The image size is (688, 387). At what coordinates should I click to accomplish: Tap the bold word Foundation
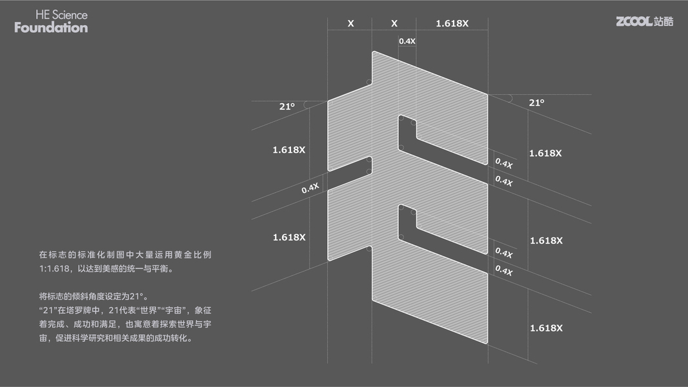[51, 28]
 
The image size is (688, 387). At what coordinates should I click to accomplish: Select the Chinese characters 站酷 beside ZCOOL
[663, 21]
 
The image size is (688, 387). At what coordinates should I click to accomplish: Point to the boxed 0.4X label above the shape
[407, 41]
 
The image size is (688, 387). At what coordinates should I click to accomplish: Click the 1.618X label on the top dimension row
[452, 24]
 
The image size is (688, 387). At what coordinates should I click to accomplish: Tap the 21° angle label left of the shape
[287, 106]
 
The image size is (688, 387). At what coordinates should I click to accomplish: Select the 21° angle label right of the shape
[536, 103]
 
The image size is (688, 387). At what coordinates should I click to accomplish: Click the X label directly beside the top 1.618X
[394, 24]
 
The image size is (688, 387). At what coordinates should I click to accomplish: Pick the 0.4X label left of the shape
[310, 188]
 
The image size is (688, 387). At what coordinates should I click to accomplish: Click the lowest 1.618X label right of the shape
[546, 328]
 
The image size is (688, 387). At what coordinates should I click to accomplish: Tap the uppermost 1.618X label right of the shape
[545, 154]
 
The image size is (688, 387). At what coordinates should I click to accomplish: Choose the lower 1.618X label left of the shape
[288, 237]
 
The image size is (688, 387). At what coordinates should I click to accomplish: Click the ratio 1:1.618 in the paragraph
[56, 269]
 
